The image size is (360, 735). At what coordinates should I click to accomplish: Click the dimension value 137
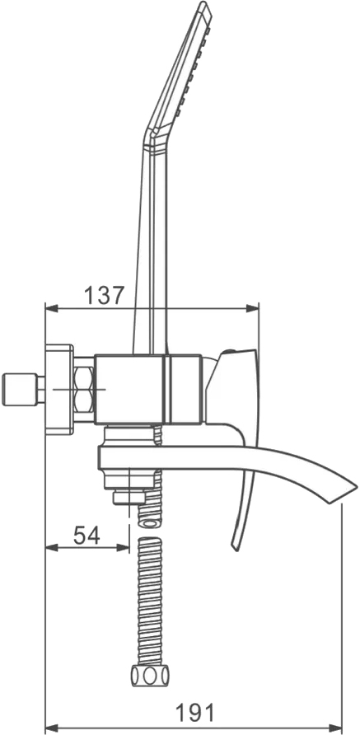pos(105,295)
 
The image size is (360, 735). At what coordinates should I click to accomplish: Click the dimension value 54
pos(86,535)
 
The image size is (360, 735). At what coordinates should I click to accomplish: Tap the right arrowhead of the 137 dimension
pos(253,308)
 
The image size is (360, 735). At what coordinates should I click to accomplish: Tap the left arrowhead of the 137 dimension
pos(51,308)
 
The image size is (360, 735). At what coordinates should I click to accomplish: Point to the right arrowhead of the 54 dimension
pos(123,547)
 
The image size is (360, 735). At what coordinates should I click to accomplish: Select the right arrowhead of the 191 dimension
pos(336,728)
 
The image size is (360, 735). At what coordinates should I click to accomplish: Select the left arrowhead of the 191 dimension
pos(51,728)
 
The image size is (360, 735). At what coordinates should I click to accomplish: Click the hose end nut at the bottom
pos(150,676)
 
